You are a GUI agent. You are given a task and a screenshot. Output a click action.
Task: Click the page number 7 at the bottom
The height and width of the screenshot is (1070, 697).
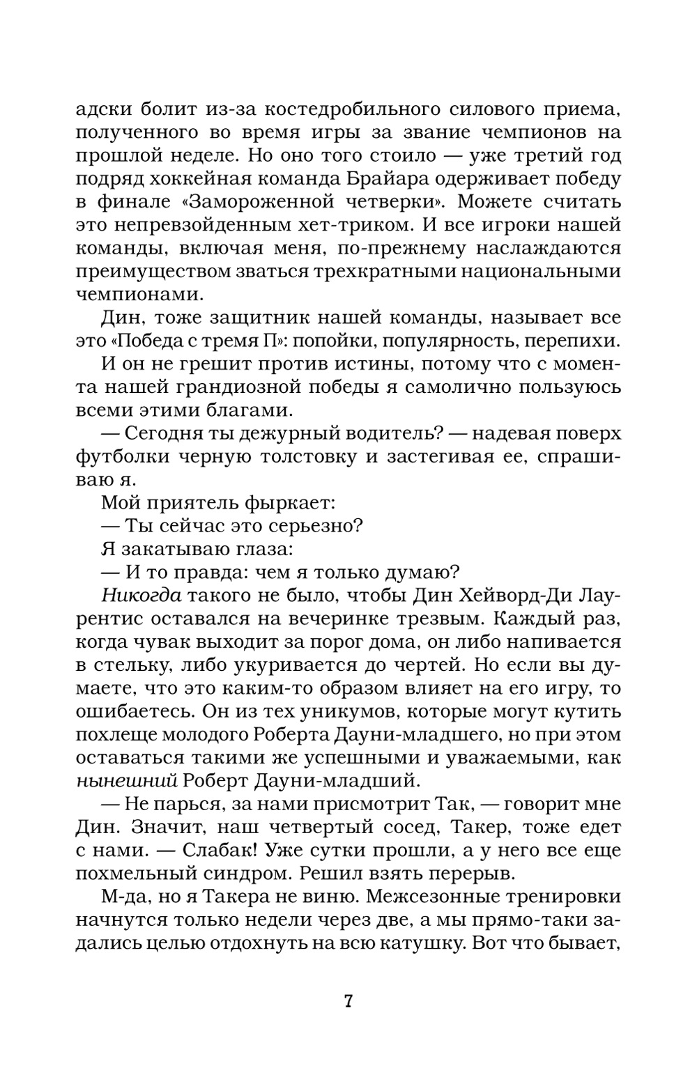(x=348, y=1002)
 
